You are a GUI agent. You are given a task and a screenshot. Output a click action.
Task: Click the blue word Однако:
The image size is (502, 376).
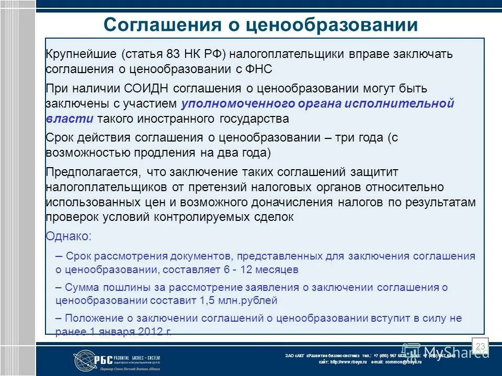69,236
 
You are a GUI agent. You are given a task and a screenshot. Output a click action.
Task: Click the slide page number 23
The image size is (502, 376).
480,346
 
